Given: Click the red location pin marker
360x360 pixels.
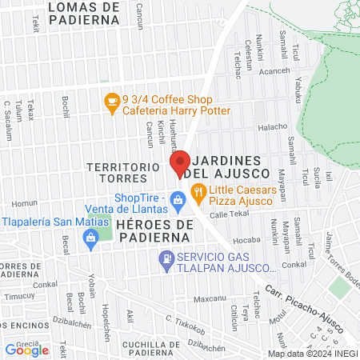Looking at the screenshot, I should [x=180, y=164].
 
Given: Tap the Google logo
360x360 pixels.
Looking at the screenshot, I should [x=26, y=350].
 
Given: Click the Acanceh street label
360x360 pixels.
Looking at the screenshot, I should [x=274, y=70].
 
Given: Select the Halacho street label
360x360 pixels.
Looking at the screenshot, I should [x=272, y=126].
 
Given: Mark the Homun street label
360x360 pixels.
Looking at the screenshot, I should [x=24, y=202].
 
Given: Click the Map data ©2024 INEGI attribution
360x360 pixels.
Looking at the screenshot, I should [x=312, y=354].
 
